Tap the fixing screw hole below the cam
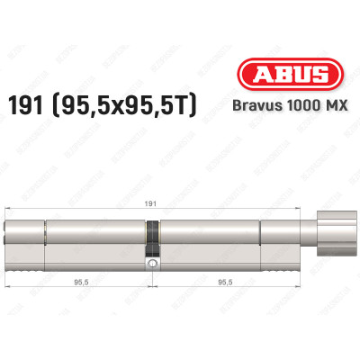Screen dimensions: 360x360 (x=153, y=264)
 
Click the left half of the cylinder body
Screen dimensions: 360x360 (x=81, y=243)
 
